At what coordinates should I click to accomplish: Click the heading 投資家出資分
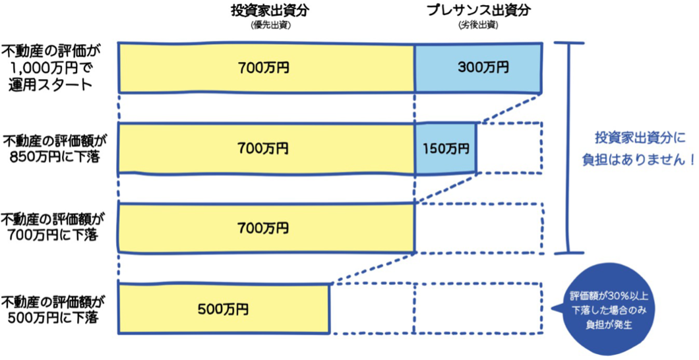270,11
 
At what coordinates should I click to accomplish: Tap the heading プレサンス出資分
478,11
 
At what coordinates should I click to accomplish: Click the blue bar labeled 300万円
479,68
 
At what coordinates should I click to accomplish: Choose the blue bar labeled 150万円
445,148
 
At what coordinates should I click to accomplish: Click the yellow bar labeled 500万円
224,309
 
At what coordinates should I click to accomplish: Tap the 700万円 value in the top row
263,68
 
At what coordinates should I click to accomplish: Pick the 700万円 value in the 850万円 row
263,148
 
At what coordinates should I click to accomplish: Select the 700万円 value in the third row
263,228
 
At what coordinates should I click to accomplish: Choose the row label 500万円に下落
54,311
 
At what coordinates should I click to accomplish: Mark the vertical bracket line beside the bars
568,148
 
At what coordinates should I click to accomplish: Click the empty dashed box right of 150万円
510,148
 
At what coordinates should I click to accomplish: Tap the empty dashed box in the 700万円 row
479,228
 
